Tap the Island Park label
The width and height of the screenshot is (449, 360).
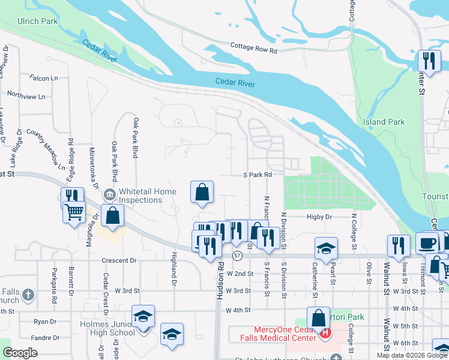click(x=384, y=122)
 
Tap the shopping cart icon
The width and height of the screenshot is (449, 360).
click(x=74, y=212)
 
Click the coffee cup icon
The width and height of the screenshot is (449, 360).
click(x=427, y=243)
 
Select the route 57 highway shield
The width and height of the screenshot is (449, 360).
click(x=238, y=256)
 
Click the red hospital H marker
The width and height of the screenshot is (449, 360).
click(x=325, y=332)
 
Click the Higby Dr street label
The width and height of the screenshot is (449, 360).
click(x=319, y=217)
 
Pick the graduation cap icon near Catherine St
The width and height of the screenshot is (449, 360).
click(x=326, y=248)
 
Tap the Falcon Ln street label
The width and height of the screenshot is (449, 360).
click(x=44, y=78)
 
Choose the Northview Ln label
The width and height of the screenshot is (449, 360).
click(x=26, y=96)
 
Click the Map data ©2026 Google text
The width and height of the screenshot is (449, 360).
click(x=412, y=355)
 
